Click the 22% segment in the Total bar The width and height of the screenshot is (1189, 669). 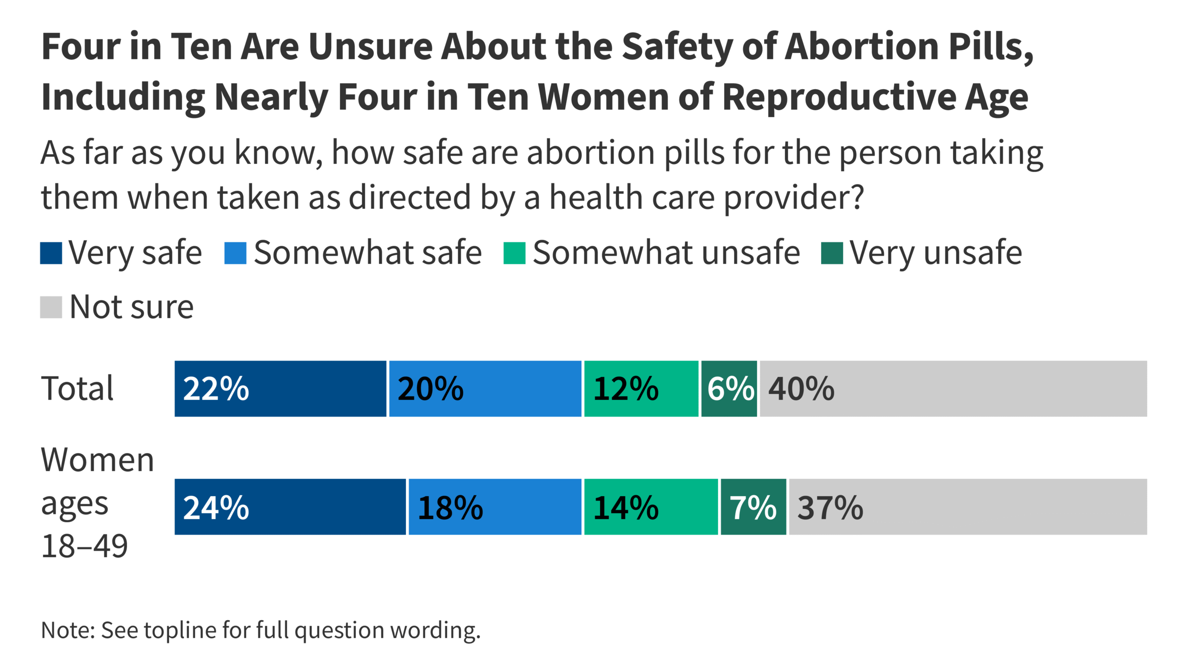point(280,388)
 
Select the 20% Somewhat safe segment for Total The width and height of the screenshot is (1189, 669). point(485,388)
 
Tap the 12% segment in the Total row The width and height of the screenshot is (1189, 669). point(641,388)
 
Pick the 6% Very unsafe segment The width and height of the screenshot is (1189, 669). point(729,388)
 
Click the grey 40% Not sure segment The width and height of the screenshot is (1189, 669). point(953,388)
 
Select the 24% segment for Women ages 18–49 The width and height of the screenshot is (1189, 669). point(290,507)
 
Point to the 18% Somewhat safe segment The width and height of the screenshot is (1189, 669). point(495,507)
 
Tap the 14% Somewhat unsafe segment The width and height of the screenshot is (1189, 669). point(651,507)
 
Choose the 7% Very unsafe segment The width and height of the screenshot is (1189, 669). point(753,507)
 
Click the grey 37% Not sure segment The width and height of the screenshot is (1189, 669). point(968,507)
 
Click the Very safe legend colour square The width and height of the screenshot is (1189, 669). point(51,253)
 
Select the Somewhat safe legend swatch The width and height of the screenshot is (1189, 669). point(235,253)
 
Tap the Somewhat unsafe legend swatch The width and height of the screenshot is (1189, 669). point(514,253)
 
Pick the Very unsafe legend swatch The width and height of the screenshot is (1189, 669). point(831,253)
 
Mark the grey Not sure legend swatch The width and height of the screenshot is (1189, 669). point(51,308)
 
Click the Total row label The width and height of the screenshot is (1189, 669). point(77,388)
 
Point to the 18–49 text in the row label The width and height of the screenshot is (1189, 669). point(85,546)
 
